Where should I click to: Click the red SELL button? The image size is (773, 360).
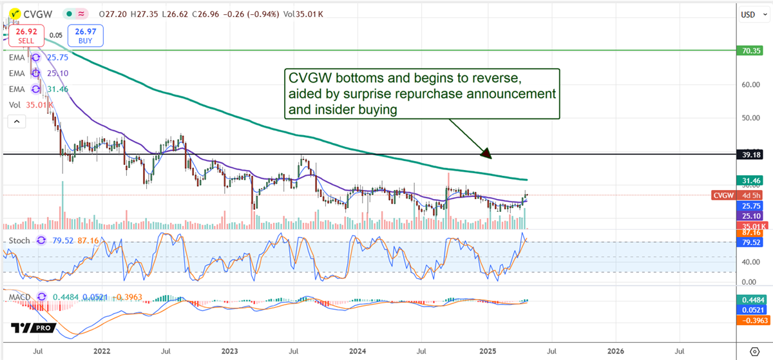tap(26, 35)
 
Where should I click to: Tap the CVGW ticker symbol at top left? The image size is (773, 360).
tap(32, 13)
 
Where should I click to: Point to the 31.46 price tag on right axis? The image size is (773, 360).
tap(750, 180)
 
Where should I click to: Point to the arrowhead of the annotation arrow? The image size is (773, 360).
tap(488, 155)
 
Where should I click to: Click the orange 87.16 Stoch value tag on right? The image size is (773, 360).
tap(750, 233)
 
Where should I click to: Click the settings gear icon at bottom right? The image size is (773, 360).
tap(755, 352)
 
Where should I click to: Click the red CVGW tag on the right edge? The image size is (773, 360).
tap(724, 195)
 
